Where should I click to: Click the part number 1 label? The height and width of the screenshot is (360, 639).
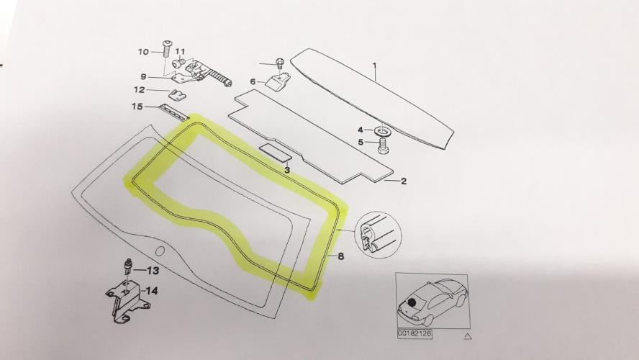374,66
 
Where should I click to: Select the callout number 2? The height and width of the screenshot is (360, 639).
404,181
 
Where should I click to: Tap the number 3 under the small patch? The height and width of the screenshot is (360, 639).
287,170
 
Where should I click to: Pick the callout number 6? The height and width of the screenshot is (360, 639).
253,81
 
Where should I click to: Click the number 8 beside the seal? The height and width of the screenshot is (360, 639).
341,256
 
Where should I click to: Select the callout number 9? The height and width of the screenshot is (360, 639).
143,76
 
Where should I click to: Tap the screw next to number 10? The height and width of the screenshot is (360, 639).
166,49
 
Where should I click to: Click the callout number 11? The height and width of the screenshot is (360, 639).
180,52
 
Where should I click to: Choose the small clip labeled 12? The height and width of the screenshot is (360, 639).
177,94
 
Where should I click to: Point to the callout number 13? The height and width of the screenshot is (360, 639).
153,270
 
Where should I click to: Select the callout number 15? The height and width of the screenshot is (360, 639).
137,107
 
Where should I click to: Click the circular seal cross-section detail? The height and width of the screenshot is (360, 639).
378,235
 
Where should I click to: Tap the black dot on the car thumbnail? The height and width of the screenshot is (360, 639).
412,302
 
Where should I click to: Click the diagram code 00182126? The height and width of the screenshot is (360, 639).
415,333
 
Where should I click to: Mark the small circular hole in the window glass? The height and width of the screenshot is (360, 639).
160,251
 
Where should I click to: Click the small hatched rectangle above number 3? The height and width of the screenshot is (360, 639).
276,150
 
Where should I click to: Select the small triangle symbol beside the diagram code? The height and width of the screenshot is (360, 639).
468,336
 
